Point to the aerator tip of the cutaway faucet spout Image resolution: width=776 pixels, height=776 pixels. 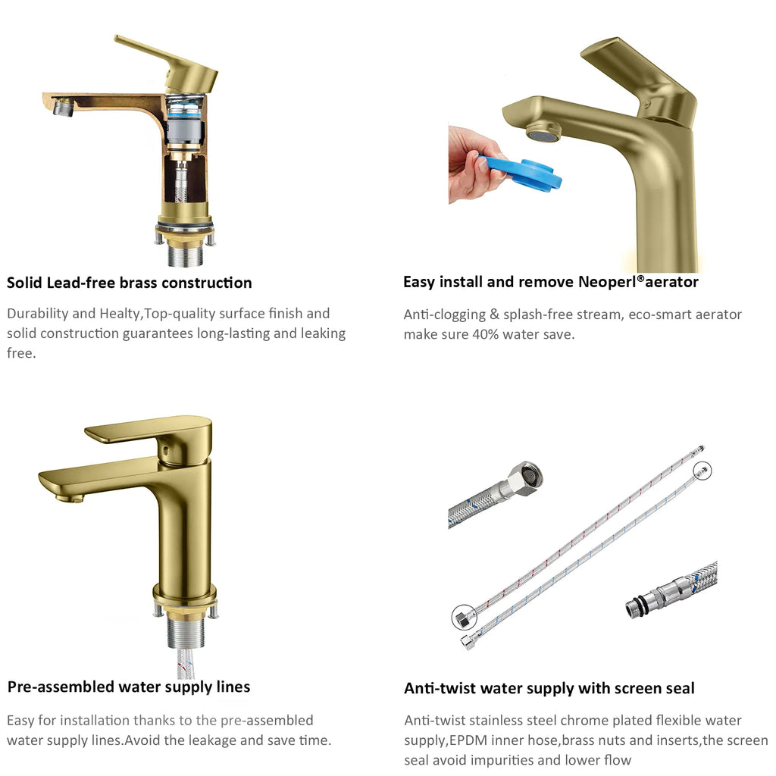(x=63, y=106)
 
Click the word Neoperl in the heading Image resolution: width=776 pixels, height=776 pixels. (x=607, y=282)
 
